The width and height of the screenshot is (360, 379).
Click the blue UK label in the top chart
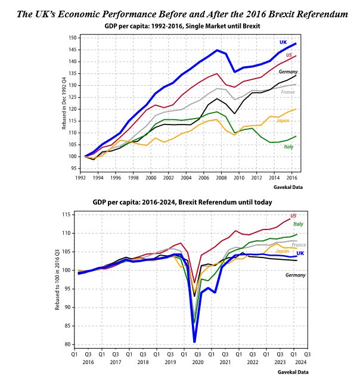[x=283, y=42]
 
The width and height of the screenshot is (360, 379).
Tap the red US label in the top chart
[x=289, y=55]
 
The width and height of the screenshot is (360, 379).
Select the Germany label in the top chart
[x=289, y=72]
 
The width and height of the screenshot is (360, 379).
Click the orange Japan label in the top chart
[x=284, y=120]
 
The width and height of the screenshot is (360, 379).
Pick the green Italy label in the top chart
[x=287, y=147]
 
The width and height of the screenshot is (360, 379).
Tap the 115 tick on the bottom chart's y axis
[x=67, y=215]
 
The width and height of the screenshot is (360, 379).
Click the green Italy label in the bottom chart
[x=298, y=224]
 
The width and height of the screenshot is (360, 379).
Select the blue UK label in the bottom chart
[x=300, y=253]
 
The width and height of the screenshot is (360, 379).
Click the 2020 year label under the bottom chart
[x=198, y=362]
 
